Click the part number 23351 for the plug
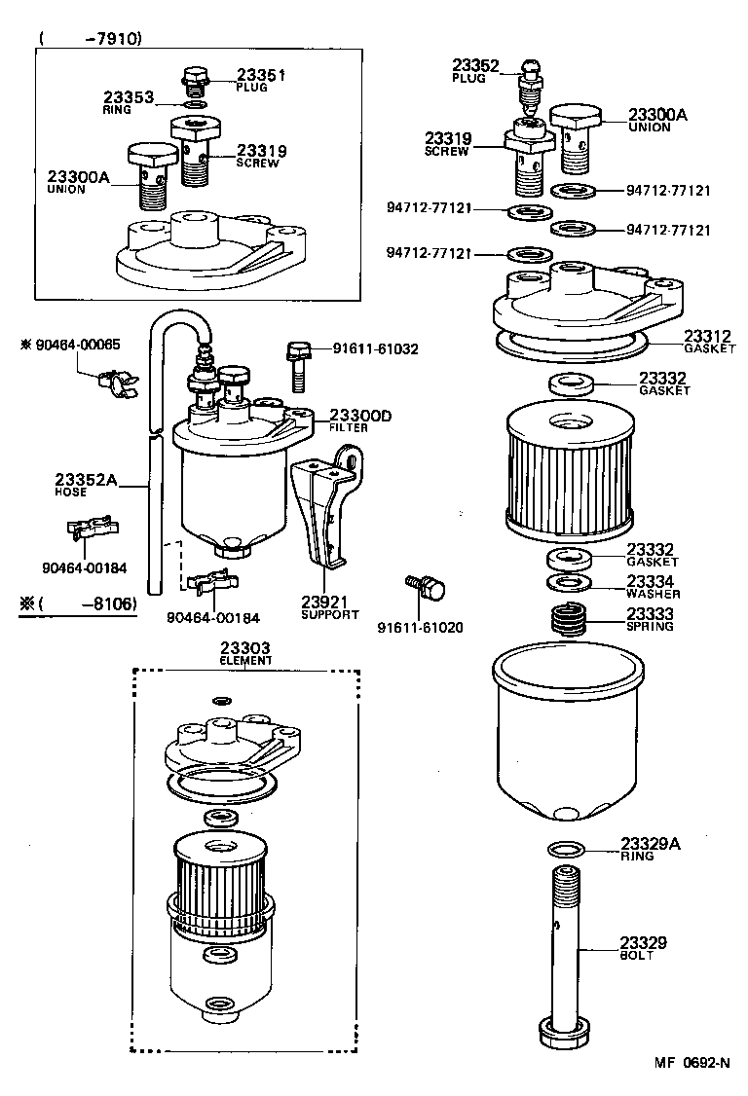click(261, 75)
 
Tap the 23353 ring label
click(129, 97)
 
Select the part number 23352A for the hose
click(86, 479)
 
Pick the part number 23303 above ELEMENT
click(244, 647)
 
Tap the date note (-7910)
click(92, 39)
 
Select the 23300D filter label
click(359, 416)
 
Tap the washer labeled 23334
click(565, 583)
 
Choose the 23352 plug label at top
click(475, 66)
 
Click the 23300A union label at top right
click(657, 115)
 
